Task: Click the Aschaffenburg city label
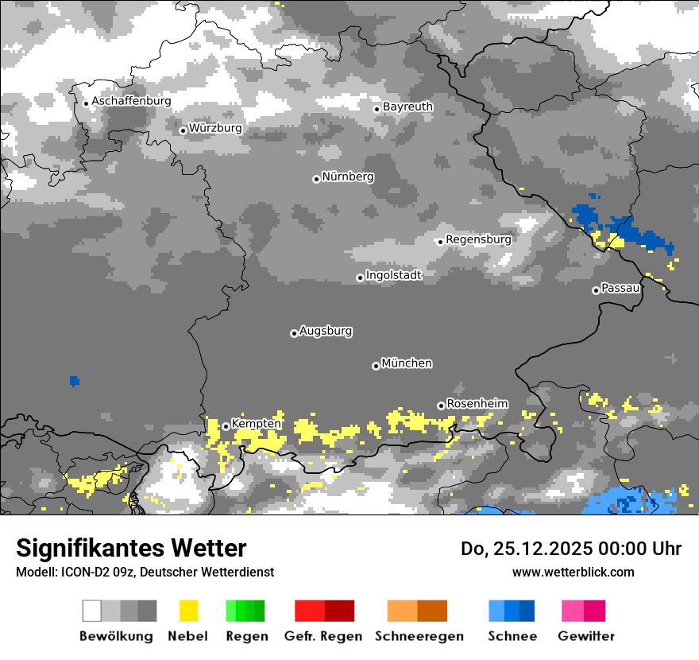tap(131, 102)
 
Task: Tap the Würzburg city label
tap(215, 128)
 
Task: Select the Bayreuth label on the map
tap(407, 107)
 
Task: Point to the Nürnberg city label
tap(347, 177)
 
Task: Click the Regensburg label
tap(478, 239)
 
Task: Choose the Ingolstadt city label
tap(393, 275)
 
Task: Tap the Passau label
tap(620, 288)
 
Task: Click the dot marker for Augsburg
tap(294, 333)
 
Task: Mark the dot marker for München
tap(376, 366)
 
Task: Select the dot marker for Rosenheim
tap(441, 406)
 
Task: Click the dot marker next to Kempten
tap(226, 426)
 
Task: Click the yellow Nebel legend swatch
tap(188, 611)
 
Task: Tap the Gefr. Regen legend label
tap(323, 636)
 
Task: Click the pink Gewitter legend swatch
tap(583, 611)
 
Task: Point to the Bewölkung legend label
tap(116, 636)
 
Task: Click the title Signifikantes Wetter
tap(131, 548)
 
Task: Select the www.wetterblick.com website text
tap(573, 572)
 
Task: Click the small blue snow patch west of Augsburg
tap(75, 381)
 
